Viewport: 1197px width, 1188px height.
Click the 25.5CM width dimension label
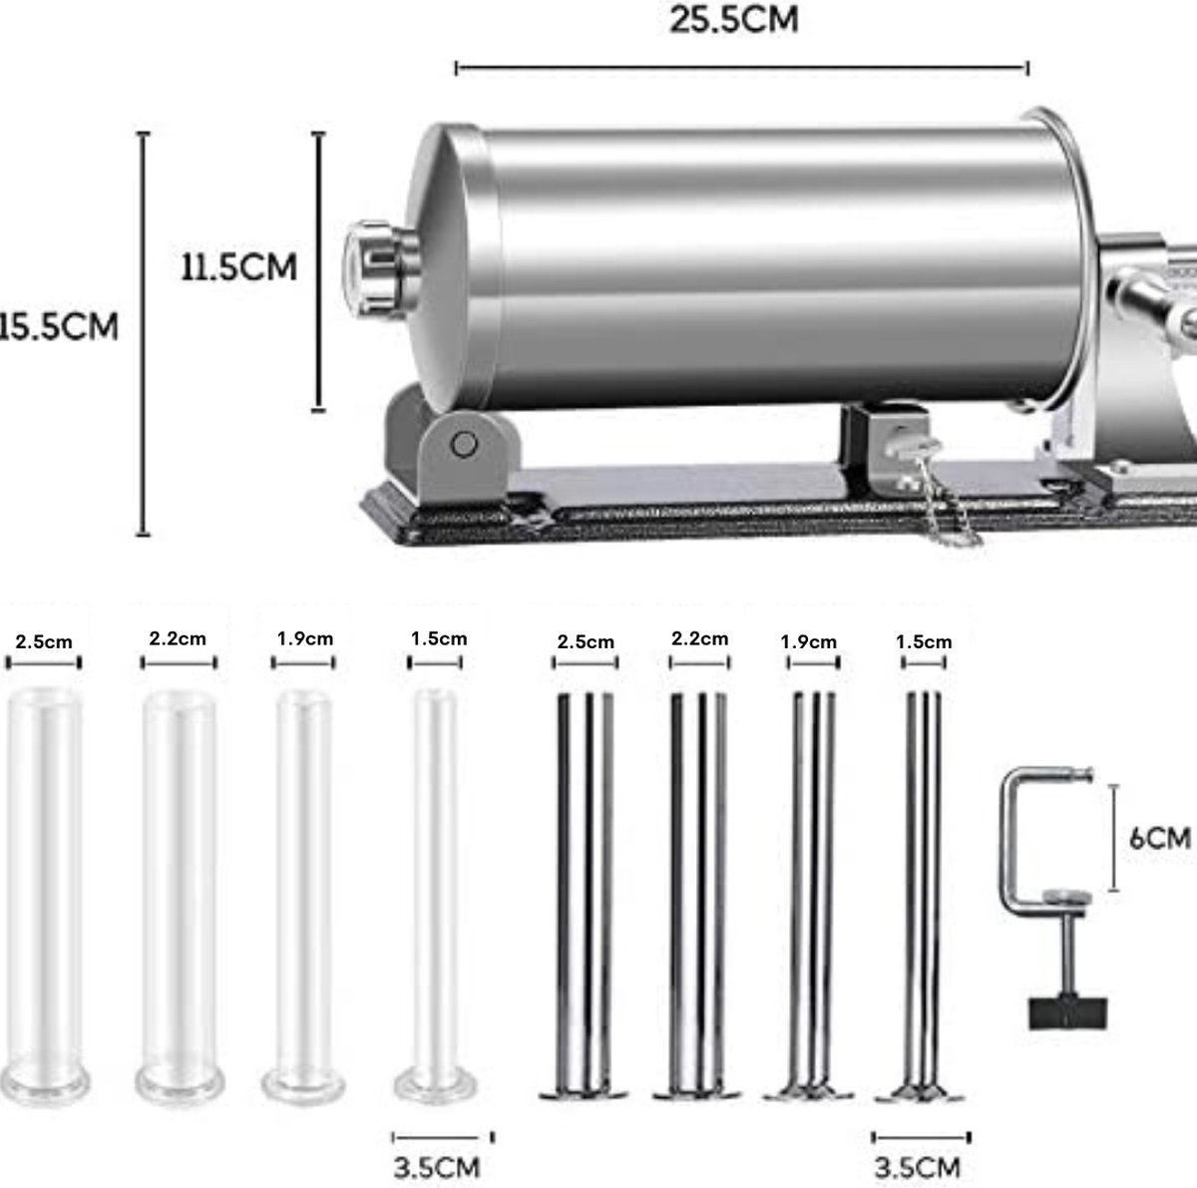[x=733, y=20]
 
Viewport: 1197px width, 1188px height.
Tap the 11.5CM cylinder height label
[x=239, y=267]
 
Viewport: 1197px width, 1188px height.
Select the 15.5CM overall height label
[x=59, y=326]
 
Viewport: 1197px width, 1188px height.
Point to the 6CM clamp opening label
[x=1160, y=838]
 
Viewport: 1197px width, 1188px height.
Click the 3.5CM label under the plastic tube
[x=437, y=1167]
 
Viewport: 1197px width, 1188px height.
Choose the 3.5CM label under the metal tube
[x=918, y=1167]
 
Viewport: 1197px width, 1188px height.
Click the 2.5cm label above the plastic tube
[x=44, y=641]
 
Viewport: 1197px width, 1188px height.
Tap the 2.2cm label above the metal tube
[x=699, y=638]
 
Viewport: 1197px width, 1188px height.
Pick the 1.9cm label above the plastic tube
[x=304, y=638]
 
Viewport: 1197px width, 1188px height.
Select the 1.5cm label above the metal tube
[x=923, y=641]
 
